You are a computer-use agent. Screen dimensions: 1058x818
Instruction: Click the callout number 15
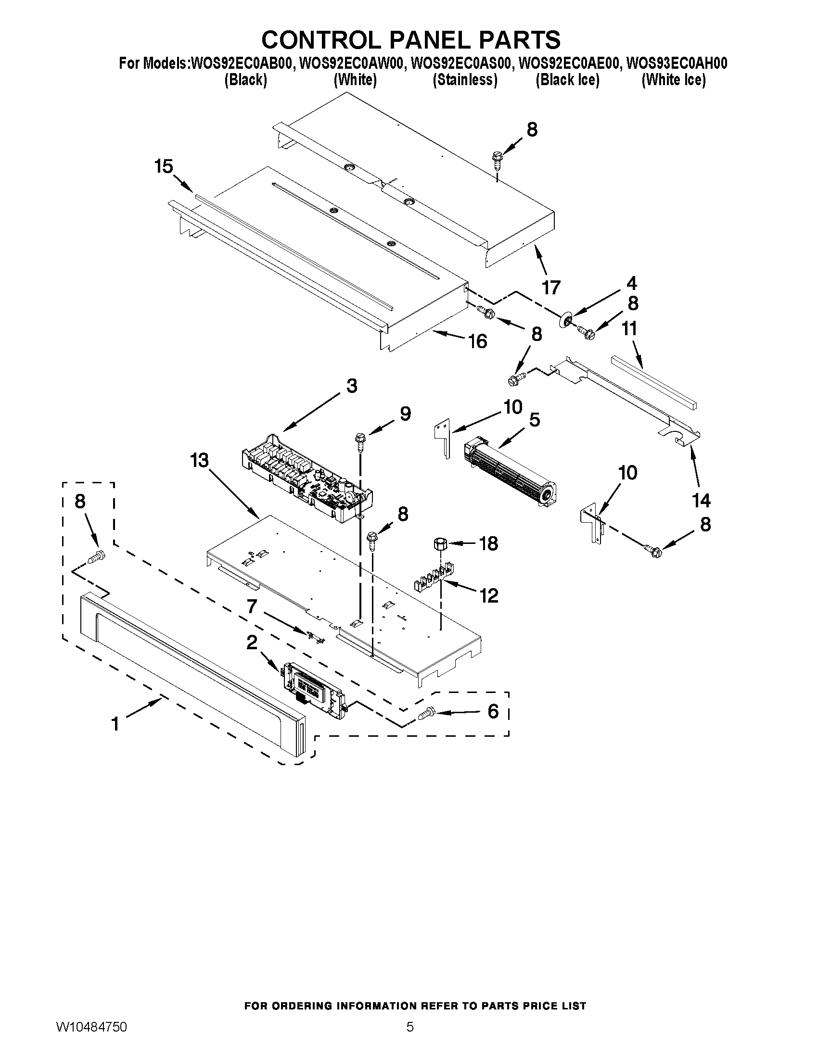click(x=164, y=167)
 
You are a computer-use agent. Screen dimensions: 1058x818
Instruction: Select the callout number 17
click(x=551, y=288)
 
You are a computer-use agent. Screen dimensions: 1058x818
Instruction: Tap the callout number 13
click(x=199, y=460)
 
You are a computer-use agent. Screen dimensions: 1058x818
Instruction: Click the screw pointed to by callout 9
click(x=360, y=439)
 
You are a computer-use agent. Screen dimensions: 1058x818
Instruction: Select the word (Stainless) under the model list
click(x=465, y=80)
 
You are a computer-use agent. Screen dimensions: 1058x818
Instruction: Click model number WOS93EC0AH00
click(x=677, y=63)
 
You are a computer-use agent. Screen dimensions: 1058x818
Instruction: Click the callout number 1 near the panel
click(x=115, y=725)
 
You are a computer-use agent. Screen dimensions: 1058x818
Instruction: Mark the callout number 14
click(x=701, y=501)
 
